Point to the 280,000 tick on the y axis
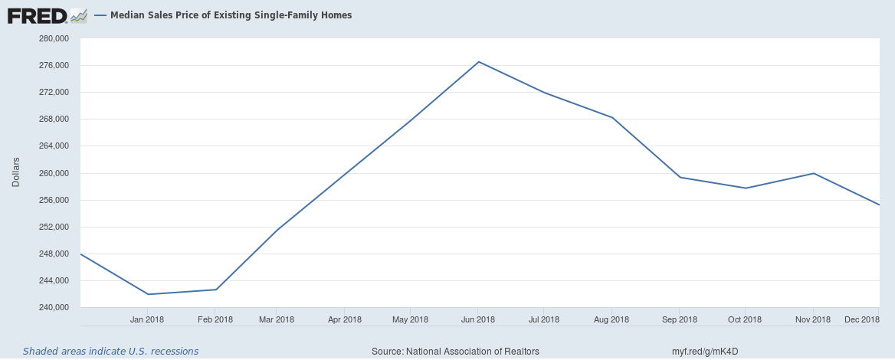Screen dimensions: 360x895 54,39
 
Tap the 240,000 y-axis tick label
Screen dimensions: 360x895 54,308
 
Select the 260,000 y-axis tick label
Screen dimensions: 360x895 54,173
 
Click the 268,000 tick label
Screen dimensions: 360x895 54,119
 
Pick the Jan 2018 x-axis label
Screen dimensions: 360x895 147,319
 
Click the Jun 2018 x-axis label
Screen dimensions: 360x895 477,319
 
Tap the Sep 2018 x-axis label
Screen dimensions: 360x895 679,319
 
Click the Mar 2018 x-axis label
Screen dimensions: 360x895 277,319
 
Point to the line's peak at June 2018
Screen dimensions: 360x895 479,61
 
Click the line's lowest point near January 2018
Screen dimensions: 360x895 147,294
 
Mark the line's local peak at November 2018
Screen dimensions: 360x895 813,173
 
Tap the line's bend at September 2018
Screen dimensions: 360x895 680,178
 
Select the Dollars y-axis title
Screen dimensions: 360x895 15,173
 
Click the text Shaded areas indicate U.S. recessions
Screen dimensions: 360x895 110,352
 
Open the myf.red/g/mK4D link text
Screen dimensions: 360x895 705,352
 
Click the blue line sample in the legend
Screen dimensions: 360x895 101,15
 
